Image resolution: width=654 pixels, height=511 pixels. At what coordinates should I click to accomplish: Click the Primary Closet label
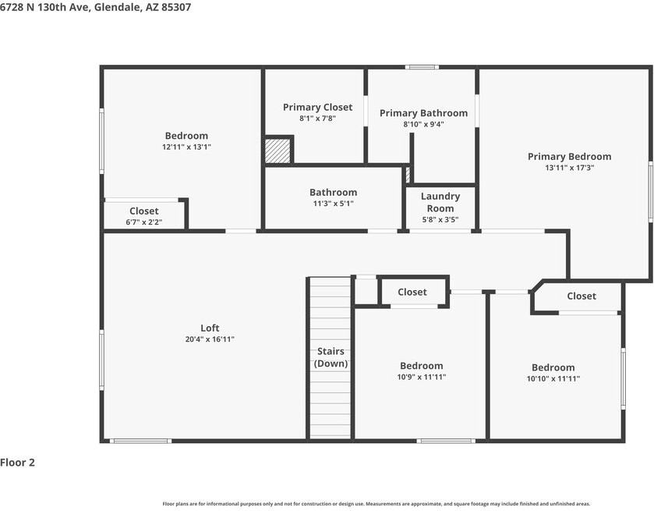[x=317, y=108]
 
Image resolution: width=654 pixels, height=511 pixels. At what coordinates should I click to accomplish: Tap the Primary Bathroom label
[x=423, y=113]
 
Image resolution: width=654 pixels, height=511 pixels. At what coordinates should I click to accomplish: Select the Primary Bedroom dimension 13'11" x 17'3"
[x=569, y=168]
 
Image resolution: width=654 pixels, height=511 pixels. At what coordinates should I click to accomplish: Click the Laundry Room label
[x=440, y=202]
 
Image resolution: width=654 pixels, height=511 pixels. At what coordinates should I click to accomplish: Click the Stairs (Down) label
[x=331, y=358]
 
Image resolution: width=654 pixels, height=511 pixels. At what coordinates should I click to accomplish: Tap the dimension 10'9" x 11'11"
[x=422, y=378]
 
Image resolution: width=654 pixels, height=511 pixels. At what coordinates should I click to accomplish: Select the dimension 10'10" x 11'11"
[x=553, y=379]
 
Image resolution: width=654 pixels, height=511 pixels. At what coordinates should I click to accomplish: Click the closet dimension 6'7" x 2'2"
[x=144, y=222]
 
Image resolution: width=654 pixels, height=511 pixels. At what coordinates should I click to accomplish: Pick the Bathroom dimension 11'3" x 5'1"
[x=333, y=204]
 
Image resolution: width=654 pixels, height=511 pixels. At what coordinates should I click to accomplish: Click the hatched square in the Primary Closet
[x=277, y=150]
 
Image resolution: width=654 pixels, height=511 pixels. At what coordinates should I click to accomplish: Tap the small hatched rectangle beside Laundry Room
[x=407, y=175]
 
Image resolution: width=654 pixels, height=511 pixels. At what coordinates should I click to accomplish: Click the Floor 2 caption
[x=18, y=463]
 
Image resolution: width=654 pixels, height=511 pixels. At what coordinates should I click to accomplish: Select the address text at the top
[x=96, y=7]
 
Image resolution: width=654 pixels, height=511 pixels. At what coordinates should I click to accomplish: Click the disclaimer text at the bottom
[x=376, y=504]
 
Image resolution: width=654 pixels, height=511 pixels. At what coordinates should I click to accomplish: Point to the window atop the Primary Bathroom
[x=422, y=67]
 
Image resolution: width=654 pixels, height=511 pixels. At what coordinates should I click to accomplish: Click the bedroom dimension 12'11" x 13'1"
[x=186, y=147]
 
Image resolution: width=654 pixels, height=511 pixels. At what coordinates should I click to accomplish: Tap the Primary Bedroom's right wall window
[x=650, y=191]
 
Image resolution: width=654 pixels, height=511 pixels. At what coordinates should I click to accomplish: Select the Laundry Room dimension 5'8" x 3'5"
[x=440, y=220]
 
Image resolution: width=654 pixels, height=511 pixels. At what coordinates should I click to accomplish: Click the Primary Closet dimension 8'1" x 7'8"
[x=317, y=119]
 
